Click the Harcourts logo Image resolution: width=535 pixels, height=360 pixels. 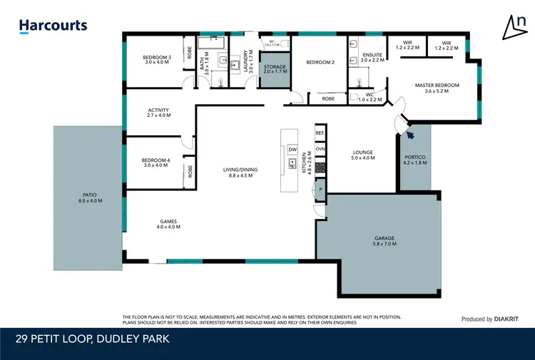[x=53, y=26]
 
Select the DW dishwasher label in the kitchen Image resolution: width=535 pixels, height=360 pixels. [x=292, y=149]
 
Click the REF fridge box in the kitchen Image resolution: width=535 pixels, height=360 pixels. [x=320, y=133]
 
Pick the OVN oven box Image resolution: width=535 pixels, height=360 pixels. [x=320, y=149]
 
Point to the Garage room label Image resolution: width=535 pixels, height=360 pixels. [x=384, y=238]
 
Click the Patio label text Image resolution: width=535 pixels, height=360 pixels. [x=89, y=195]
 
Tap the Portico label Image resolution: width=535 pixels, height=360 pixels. [x=414, y=157]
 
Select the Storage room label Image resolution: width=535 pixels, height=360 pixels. [x=275, y=67]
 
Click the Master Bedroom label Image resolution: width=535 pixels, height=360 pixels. [x=437, y=86]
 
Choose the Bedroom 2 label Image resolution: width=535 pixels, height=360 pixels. [x=320, y=63]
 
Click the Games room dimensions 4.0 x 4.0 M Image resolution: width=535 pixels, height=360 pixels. [x=168, y=227]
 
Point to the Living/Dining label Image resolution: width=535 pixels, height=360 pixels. [x=240, y=170]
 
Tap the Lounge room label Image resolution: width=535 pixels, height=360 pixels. [x=363, y=152]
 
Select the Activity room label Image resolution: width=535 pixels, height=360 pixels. [x=158, y=110]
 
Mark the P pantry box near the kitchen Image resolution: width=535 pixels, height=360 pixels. [x=320, y=189]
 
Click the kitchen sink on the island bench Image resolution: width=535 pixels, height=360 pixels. [x=292, y=164]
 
